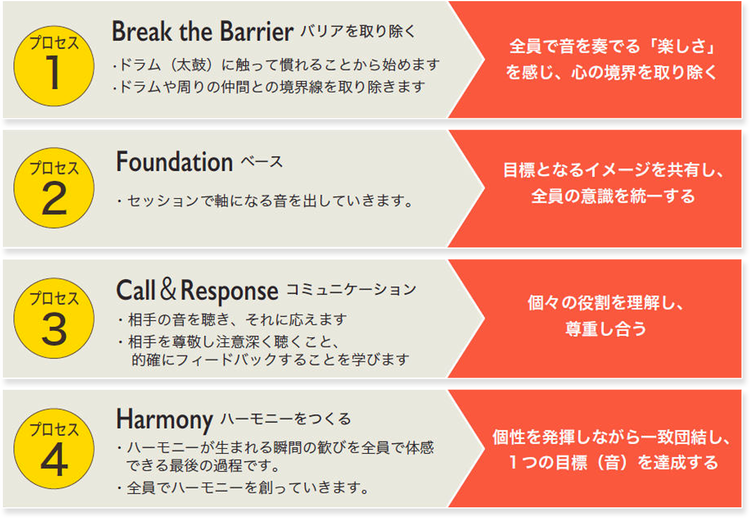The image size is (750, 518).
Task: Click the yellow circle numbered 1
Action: click(x=54, y=66)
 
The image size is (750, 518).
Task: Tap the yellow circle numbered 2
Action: click(x=54, y=188)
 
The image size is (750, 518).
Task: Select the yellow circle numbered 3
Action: click(x=54, y=318)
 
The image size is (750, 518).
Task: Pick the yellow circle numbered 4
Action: click(x=54, y=448)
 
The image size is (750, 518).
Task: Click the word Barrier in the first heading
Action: click(x=257, y=31)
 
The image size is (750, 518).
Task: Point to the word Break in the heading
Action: click(x=142, y=31)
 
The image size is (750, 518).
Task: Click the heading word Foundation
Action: click(x=174, y=162)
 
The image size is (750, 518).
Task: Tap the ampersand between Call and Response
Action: click(x=168, y=288)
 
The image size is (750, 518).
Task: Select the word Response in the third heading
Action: click(x=229, y=291)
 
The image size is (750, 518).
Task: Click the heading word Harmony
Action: click(x=164, y=420)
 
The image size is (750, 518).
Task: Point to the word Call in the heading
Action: click(x=136, y=290)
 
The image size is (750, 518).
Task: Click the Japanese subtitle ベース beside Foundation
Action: click(x=262, y=162)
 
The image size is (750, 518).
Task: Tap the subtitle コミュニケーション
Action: click(x=351, y=290)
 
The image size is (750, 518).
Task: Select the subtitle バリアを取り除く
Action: click(x=358, y=32)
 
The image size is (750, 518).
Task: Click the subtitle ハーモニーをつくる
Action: click(x=286, y=419)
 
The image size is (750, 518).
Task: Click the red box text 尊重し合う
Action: click(x=606, y=328)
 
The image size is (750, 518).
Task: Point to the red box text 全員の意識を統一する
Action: click(x=613, y=196)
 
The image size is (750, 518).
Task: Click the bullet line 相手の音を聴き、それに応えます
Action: click(x=232, y=319)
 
